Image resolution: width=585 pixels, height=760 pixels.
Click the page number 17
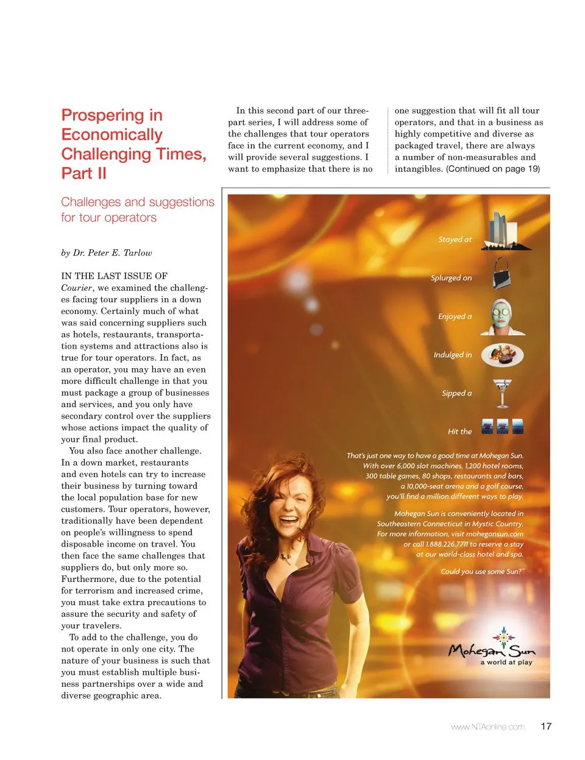(546, 726)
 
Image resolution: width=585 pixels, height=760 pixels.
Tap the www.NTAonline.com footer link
(487, 726)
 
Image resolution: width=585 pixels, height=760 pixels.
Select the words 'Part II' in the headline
(84, 173)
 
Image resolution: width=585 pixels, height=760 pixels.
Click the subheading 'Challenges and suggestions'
(138, 202)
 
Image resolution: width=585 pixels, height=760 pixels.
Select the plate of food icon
(502, 354)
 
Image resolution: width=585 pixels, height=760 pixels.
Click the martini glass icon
(502, 393)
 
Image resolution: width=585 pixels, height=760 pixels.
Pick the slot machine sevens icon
(502, 427)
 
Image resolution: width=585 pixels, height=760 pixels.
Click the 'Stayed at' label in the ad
(455, 240)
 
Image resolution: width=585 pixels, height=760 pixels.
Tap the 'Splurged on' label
(451, 278)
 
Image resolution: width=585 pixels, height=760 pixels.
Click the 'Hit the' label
(459, 431)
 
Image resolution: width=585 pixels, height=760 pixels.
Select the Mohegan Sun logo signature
(491, 649)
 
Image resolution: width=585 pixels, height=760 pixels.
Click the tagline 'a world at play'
(506, 662)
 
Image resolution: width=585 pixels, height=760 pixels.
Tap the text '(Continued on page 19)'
(493, 169)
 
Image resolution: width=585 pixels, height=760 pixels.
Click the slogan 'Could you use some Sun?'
(482, 572)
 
